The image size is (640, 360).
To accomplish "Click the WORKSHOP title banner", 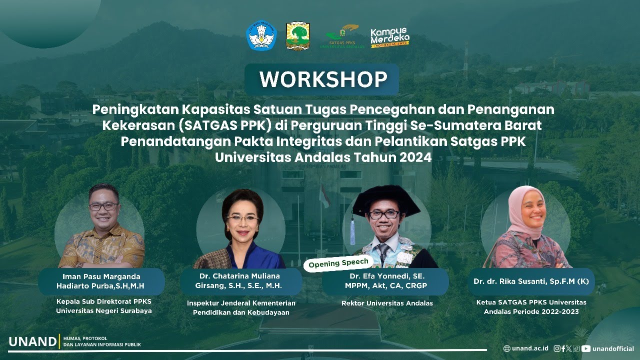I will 322,79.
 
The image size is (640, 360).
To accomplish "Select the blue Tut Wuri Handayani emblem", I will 261,35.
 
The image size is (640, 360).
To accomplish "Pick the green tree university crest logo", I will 297,36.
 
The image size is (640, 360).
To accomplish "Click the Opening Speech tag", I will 338,263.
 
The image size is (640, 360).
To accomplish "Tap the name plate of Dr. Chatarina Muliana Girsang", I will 241,281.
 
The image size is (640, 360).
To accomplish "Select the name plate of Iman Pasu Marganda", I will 101,281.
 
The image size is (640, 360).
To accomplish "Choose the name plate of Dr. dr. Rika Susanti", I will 531,281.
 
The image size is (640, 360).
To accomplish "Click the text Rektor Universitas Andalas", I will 387,303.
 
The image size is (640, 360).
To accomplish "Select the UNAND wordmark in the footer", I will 32,342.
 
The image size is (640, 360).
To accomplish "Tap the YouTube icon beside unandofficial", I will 586,348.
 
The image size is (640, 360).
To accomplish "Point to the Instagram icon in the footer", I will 557,348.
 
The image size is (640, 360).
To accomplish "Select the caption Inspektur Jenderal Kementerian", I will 241,303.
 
